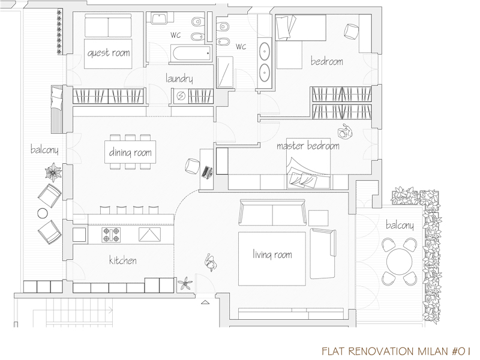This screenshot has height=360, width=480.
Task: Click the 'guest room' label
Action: click(109, 53)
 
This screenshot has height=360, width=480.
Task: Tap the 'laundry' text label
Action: click(179, 79)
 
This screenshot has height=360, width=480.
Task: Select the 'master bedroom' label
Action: click(308, 146)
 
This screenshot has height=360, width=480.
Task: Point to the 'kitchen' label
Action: click(123, 260)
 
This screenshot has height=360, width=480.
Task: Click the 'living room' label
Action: click(272, 254)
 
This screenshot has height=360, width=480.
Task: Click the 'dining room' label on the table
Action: click(130, 152)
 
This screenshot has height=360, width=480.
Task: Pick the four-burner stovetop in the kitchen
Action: click(111, 235)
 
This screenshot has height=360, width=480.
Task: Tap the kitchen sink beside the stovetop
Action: click(149, 235)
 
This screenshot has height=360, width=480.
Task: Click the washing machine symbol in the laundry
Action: click(181, 97)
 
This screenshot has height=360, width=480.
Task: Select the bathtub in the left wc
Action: click(192, 53)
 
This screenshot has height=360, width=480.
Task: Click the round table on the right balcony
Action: click(399, 262)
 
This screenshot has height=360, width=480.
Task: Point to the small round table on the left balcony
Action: click(43, 213)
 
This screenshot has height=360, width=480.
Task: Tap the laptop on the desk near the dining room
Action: click(207, 172)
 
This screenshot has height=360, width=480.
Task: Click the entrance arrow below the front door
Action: click(205, 302)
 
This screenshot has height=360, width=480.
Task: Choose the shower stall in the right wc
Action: click(225, 72)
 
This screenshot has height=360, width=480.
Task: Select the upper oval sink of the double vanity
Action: click(264, 51)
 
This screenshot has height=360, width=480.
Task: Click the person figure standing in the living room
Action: click(211, 263)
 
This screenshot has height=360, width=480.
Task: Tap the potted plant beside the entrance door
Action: click(185, 283)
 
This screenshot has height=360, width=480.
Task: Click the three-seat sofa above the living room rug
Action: click(272, 212)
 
